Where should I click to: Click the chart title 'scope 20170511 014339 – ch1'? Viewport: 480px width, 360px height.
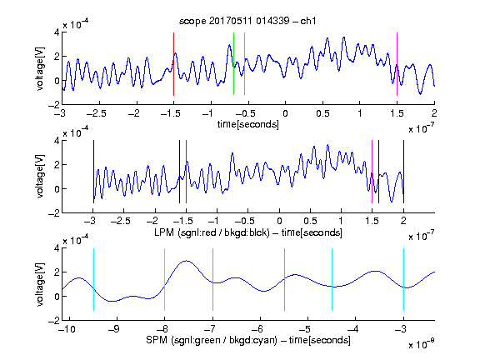pos(247,21)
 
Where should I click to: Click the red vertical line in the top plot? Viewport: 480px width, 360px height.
pos(173,64)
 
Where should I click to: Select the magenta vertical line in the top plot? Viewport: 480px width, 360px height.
pos(397,64)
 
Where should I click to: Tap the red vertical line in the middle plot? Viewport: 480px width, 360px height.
pos(186,172)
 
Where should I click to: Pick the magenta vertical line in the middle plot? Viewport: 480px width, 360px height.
pos(372,172)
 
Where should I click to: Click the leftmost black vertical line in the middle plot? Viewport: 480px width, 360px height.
pos(93,172)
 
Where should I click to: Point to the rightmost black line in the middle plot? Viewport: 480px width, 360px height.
pos(403,172)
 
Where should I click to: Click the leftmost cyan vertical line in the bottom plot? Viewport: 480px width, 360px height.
pos(93,279)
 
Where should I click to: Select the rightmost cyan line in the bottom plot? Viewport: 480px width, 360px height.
pos(403,279)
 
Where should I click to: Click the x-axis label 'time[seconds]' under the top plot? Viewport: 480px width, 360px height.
pos(248,124)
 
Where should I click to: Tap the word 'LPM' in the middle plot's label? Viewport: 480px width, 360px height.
pos(164,232)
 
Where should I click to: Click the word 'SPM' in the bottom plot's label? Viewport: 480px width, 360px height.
pos(157,340)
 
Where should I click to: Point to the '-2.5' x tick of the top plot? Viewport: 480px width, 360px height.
pos(96,113)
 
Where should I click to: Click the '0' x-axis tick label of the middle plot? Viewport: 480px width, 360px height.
pos(279,221)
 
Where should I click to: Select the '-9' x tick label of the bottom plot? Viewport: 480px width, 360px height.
pos(114,329)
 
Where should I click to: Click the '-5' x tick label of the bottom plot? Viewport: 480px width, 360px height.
pos(305,329)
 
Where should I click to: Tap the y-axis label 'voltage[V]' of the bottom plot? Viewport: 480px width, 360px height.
pos(40,284)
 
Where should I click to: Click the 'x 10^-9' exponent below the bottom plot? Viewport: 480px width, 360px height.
pos(421,344)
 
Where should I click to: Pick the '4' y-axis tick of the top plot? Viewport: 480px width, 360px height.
pos(57,32)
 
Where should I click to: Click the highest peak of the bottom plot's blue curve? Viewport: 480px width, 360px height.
pos(186,261)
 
